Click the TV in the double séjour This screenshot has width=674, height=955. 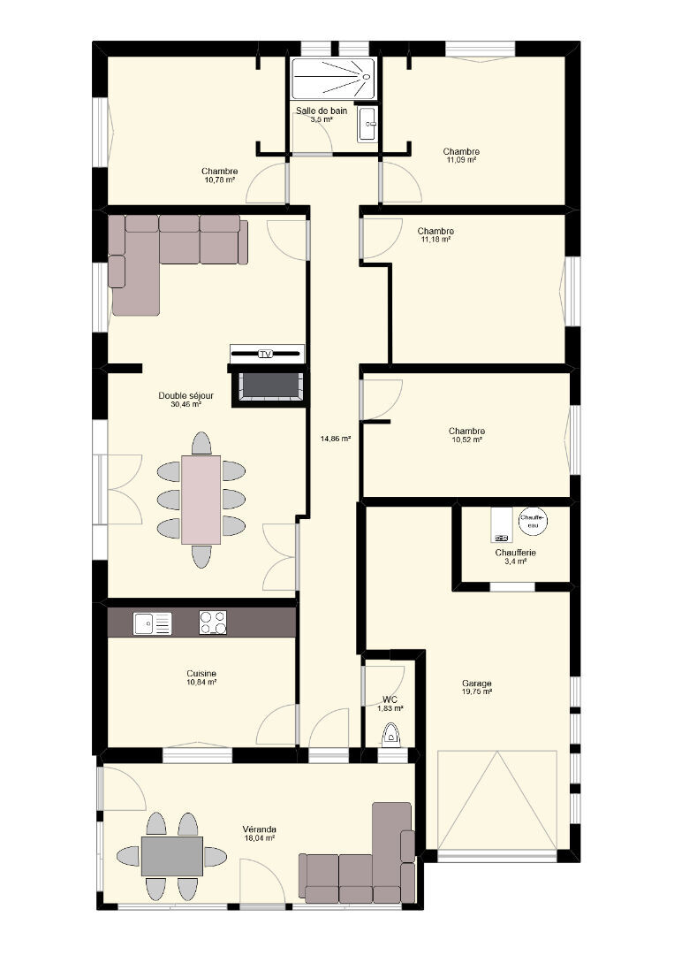[267, 353]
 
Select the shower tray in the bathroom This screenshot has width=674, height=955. [333, 79]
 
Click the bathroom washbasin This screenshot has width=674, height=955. [367, 124]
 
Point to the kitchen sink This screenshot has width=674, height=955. [152, 623]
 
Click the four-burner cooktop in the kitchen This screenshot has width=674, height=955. [213, 623]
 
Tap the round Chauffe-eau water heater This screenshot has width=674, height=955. [533, 521]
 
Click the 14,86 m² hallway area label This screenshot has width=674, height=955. [336, 438]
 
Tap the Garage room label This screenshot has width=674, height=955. [477, 684]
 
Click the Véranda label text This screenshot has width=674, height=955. [259, 829]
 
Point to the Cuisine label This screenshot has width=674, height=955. [201, 674]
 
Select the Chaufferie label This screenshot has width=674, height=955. [515, 553]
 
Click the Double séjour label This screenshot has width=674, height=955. [186, 395]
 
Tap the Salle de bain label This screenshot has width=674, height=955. [322, 111]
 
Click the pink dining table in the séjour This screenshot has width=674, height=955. [201, 500]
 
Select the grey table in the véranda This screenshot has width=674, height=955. [172, 856]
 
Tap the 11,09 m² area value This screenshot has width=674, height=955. [461, 159]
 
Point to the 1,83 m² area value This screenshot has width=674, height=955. [390, 708]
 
